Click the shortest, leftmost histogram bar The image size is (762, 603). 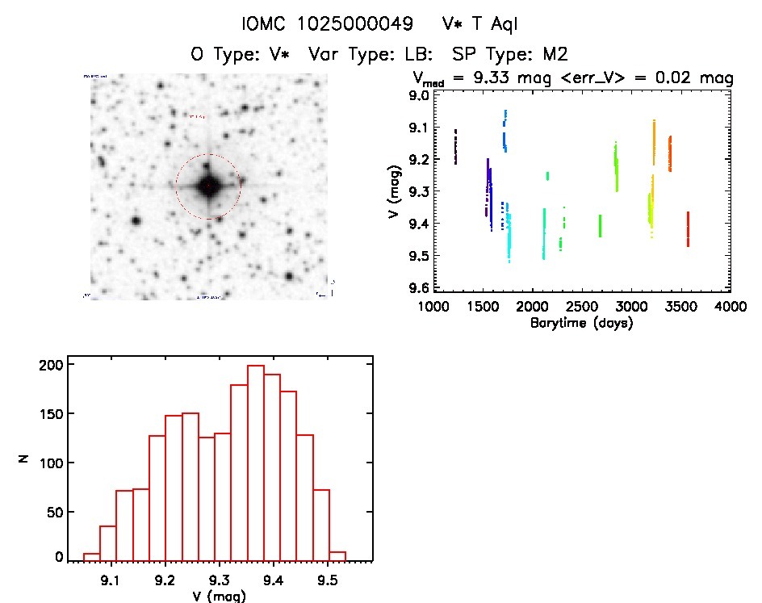coord(91,556)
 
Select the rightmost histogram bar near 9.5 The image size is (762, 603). coord(338,555)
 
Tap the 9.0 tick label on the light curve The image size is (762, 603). coord(419,96)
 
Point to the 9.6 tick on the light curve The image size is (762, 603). coord(419,288)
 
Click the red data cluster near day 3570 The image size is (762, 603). coord(688,229)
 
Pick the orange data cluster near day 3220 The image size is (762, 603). coord(654,141)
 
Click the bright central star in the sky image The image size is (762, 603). coord(208,186)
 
